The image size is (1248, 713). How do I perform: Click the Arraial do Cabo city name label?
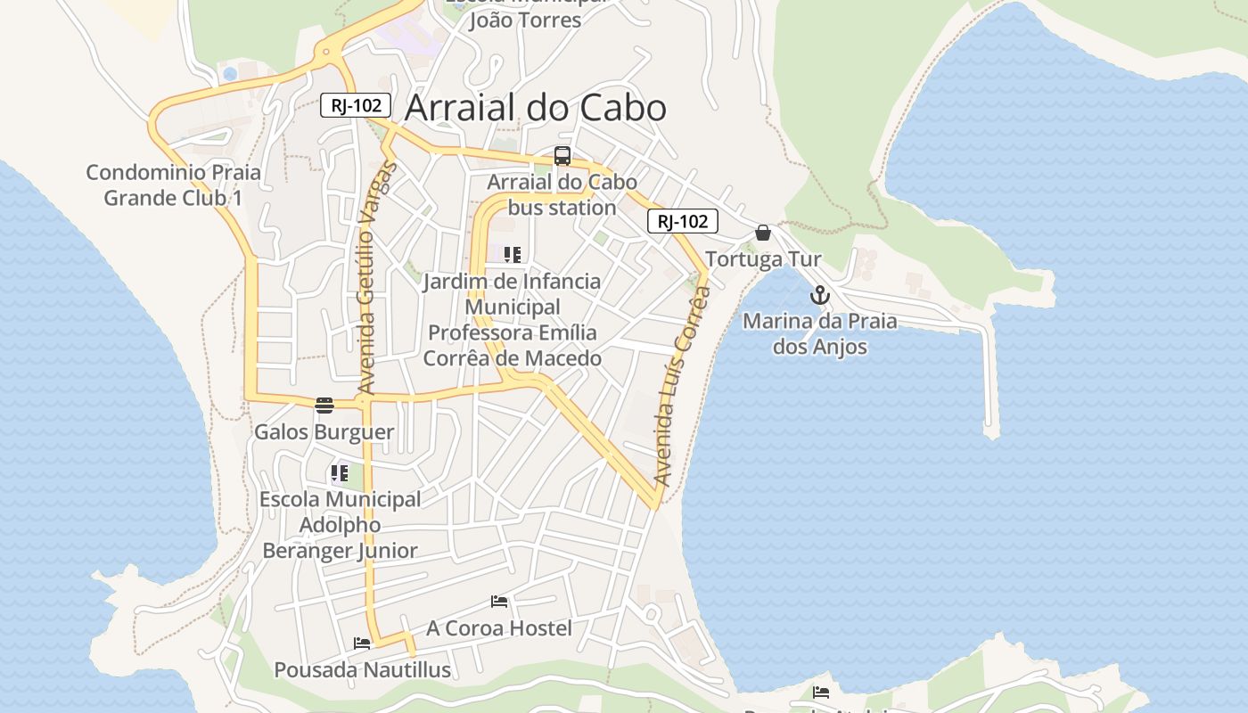coord(535,108)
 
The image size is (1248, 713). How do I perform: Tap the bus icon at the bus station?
coord(562,156)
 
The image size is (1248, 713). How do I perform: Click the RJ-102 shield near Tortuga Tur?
coord(682,221)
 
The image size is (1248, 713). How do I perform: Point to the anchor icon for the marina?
coord(819,296)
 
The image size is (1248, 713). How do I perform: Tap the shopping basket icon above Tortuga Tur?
coord(763,234)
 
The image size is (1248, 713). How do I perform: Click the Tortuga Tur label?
coord(763,259)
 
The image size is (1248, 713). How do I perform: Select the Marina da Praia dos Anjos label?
coord(819,333)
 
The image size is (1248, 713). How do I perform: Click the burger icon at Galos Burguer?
coord(324,406)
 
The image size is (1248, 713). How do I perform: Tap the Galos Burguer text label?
coord(324,432)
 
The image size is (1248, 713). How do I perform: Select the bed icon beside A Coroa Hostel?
coord(499,602)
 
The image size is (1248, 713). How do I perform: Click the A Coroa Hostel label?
coord(499,628)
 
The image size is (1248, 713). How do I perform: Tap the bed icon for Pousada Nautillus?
coord(361,643)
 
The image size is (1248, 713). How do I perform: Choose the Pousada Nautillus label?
coord(362,669)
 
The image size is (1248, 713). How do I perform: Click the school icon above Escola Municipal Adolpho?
coord(339,473)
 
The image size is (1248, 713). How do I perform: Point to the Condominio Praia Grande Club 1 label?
coord(173,184)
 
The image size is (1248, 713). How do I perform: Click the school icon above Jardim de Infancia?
coord(512,255)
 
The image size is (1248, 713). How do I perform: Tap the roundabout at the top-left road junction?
coord(326,53)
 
